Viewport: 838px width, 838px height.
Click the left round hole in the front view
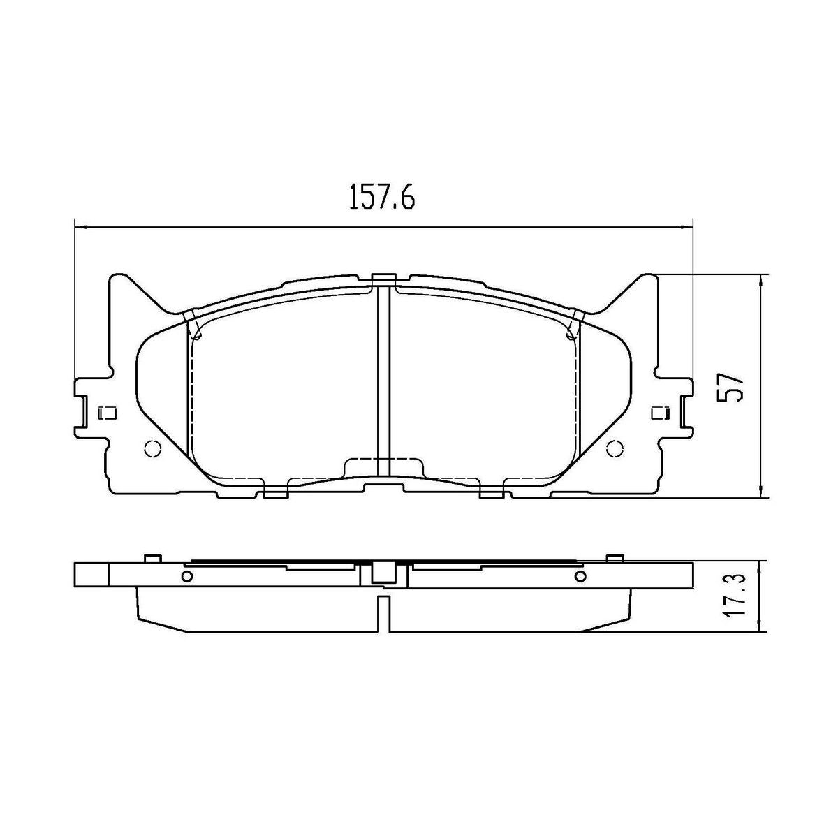click(152, 448)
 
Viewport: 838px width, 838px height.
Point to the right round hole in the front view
click(615, 448)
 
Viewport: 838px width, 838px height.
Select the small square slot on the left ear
click(108, 413)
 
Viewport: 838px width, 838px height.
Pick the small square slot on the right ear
click(658, 413)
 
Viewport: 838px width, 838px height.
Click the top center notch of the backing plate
click(383, 279)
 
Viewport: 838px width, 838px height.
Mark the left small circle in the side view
click(186, 576)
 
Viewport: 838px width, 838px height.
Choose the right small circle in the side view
click(580, 576)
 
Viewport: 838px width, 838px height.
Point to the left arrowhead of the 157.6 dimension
click(80, 226)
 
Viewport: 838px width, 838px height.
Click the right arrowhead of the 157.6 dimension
click(686, 226)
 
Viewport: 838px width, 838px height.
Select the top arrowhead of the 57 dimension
click(760, 279)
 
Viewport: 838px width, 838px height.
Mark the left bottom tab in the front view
click(276, 494)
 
